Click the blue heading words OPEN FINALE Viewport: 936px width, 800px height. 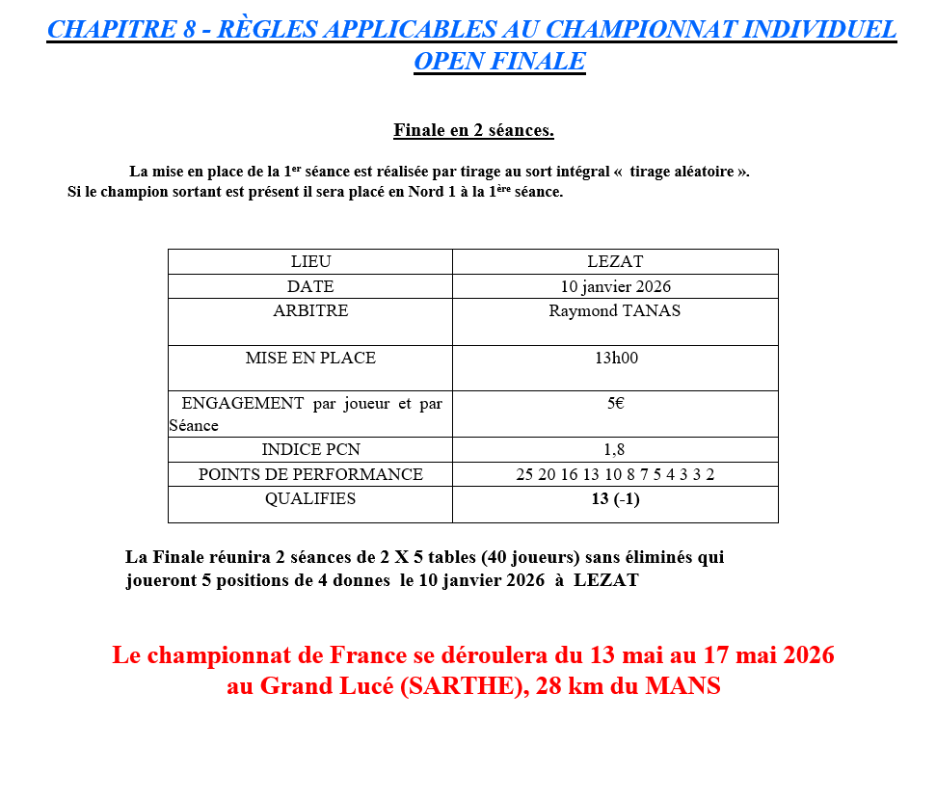(x=499, y=61)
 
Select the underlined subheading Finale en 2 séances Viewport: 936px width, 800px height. (x=473, y=130)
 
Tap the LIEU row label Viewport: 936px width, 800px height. (x=310, y=262)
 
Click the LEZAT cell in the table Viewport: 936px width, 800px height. (x=615, y=262)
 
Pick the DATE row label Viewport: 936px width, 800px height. (x=310, y=286)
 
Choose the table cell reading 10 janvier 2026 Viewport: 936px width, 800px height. (x=615, y=286)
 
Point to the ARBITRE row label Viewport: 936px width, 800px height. (x=310, y=311)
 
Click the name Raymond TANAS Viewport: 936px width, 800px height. (x=615, y=311)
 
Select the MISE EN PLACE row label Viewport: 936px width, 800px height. (x=310, y=359)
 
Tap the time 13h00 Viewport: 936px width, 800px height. (x=616, y=359)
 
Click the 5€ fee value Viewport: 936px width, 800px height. (x=615, y=404)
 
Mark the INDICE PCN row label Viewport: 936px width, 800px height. (x=310, y=450)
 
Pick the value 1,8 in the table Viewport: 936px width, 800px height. (x=615, y=450)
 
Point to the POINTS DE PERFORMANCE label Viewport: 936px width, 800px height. (x=310, y=474)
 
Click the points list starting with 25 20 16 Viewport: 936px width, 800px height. (x=615, y=474)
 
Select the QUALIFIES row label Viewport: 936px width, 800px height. (x=310, y=499)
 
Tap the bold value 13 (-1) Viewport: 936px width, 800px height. (x=615, y=499)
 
